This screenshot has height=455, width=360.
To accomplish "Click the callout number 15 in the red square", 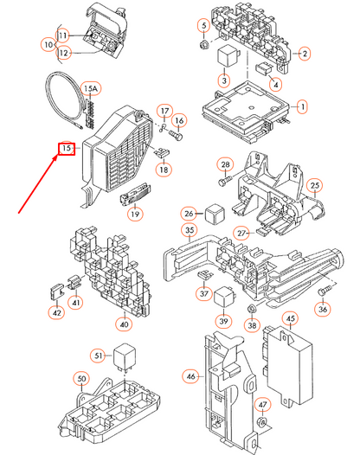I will (x=64, y=149).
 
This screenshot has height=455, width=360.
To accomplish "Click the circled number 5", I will (x=203, y=24).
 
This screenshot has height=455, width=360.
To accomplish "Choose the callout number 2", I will (x=305, y=54).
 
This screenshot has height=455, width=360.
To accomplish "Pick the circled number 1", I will (x=303, y=107).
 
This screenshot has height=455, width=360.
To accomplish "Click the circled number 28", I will (x=225, y=164).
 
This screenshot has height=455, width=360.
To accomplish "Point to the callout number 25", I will (x=315, y=185).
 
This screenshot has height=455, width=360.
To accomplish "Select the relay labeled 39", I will (x=222, y=297).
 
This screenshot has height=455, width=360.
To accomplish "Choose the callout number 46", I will (x=190, y=376).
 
